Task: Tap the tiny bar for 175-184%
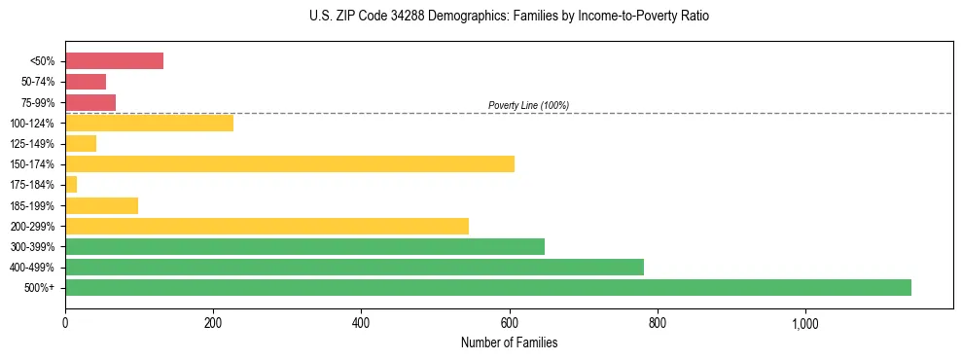(71, 184)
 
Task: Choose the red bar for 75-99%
(90, 102)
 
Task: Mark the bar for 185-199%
(101, 205)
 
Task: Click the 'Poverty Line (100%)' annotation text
(528, 105)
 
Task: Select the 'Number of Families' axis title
(509, 342)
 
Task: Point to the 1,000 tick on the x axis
(805, 323)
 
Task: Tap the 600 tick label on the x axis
(509, 323)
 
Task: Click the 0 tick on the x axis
(65, 323)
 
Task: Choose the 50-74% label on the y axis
(37, 82)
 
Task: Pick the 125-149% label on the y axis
(32, 143)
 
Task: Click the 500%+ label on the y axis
(40, 288)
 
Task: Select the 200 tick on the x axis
(213, 323)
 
